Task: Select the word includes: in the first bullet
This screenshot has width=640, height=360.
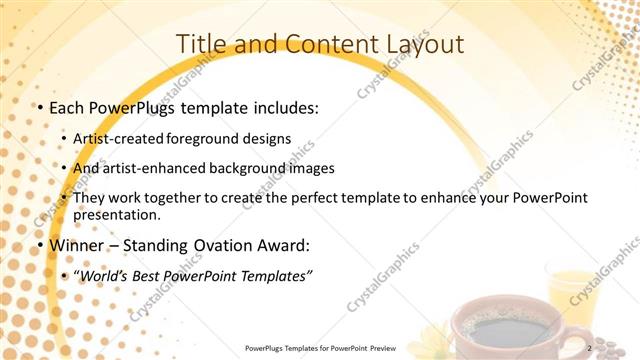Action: tap(283, 108)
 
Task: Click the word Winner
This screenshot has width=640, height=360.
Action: tap(71, 244)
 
